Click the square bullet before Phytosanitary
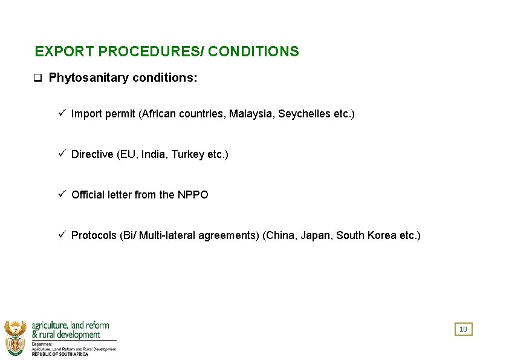click(x=37, y=78)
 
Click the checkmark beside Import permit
click(x=62, y=113)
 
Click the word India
click(x=154, y=154)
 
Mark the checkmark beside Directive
click(x=62, y=154)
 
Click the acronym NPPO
click(x=193, y=195)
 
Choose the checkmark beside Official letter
click(x=62, y=194)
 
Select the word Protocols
click(x=94, y=235)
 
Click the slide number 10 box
click(x=463, y=329)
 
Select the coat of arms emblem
click(x=15, y=338)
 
